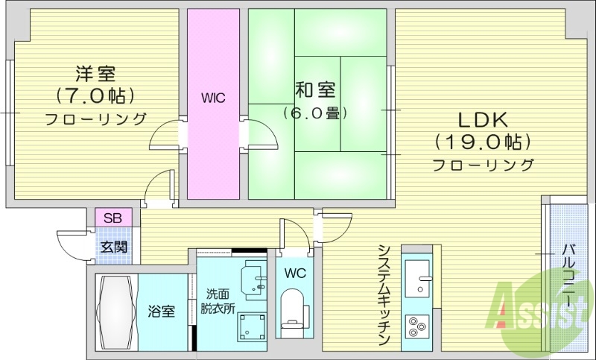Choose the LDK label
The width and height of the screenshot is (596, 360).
(x=482, y=119)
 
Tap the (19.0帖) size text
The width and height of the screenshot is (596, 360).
(x=482, y=141)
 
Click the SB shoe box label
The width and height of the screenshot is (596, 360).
(x=113, y=218)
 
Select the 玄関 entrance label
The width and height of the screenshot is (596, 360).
(x=114, y=247)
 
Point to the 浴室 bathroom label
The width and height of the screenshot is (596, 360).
(x=161, y=311)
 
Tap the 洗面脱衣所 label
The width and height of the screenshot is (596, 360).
(x=217, y=300)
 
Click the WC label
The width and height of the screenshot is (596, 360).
(x=294, y=272)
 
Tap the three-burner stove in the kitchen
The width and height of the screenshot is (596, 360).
(x=417, y=326)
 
